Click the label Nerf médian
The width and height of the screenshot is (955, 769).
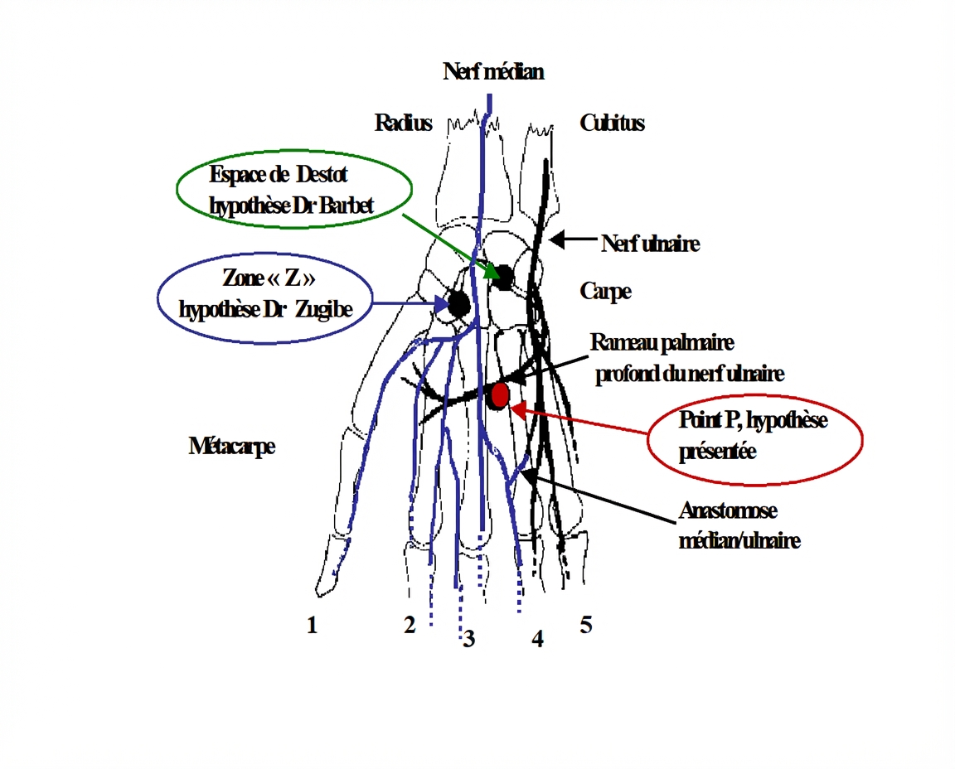(x=493, y=72)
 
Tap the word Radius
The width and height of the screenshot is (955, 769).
(x=403, y=123)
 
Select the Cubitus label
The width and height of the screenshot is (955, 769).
(x=612, y=123)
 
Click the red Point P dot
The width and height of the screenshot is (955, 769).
(x=499, y=395)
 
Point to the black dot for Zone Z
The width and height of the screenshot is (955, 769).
(x=458, y=304)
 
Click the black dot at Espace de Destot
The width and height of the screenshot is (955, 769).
(x=503, y=277)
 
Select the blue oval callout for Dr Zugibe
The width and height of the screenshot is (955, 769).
(x=264, y=297)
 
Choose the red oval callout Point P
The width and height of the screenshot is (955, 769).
(x=754, y=436)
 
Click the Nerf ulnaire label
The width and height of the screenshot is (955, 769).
(x=651, y=244)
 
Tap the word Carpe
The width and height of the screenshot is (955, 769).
(x=605, y=292)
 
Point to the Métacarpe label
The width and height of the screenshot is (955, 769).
(x=231, y=447)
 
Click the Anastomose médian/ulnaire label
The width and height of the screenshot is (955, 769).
(x=739, y=525)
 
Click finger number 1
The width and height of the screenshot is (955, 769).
(x=312, y=626)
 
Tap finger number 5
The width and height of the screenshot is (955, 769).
(x=585, y=625)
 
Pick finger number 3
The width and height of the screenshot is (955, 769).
(x=469, y=639)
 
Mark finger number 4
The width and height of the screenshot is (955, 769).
(x=537, y=639)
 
